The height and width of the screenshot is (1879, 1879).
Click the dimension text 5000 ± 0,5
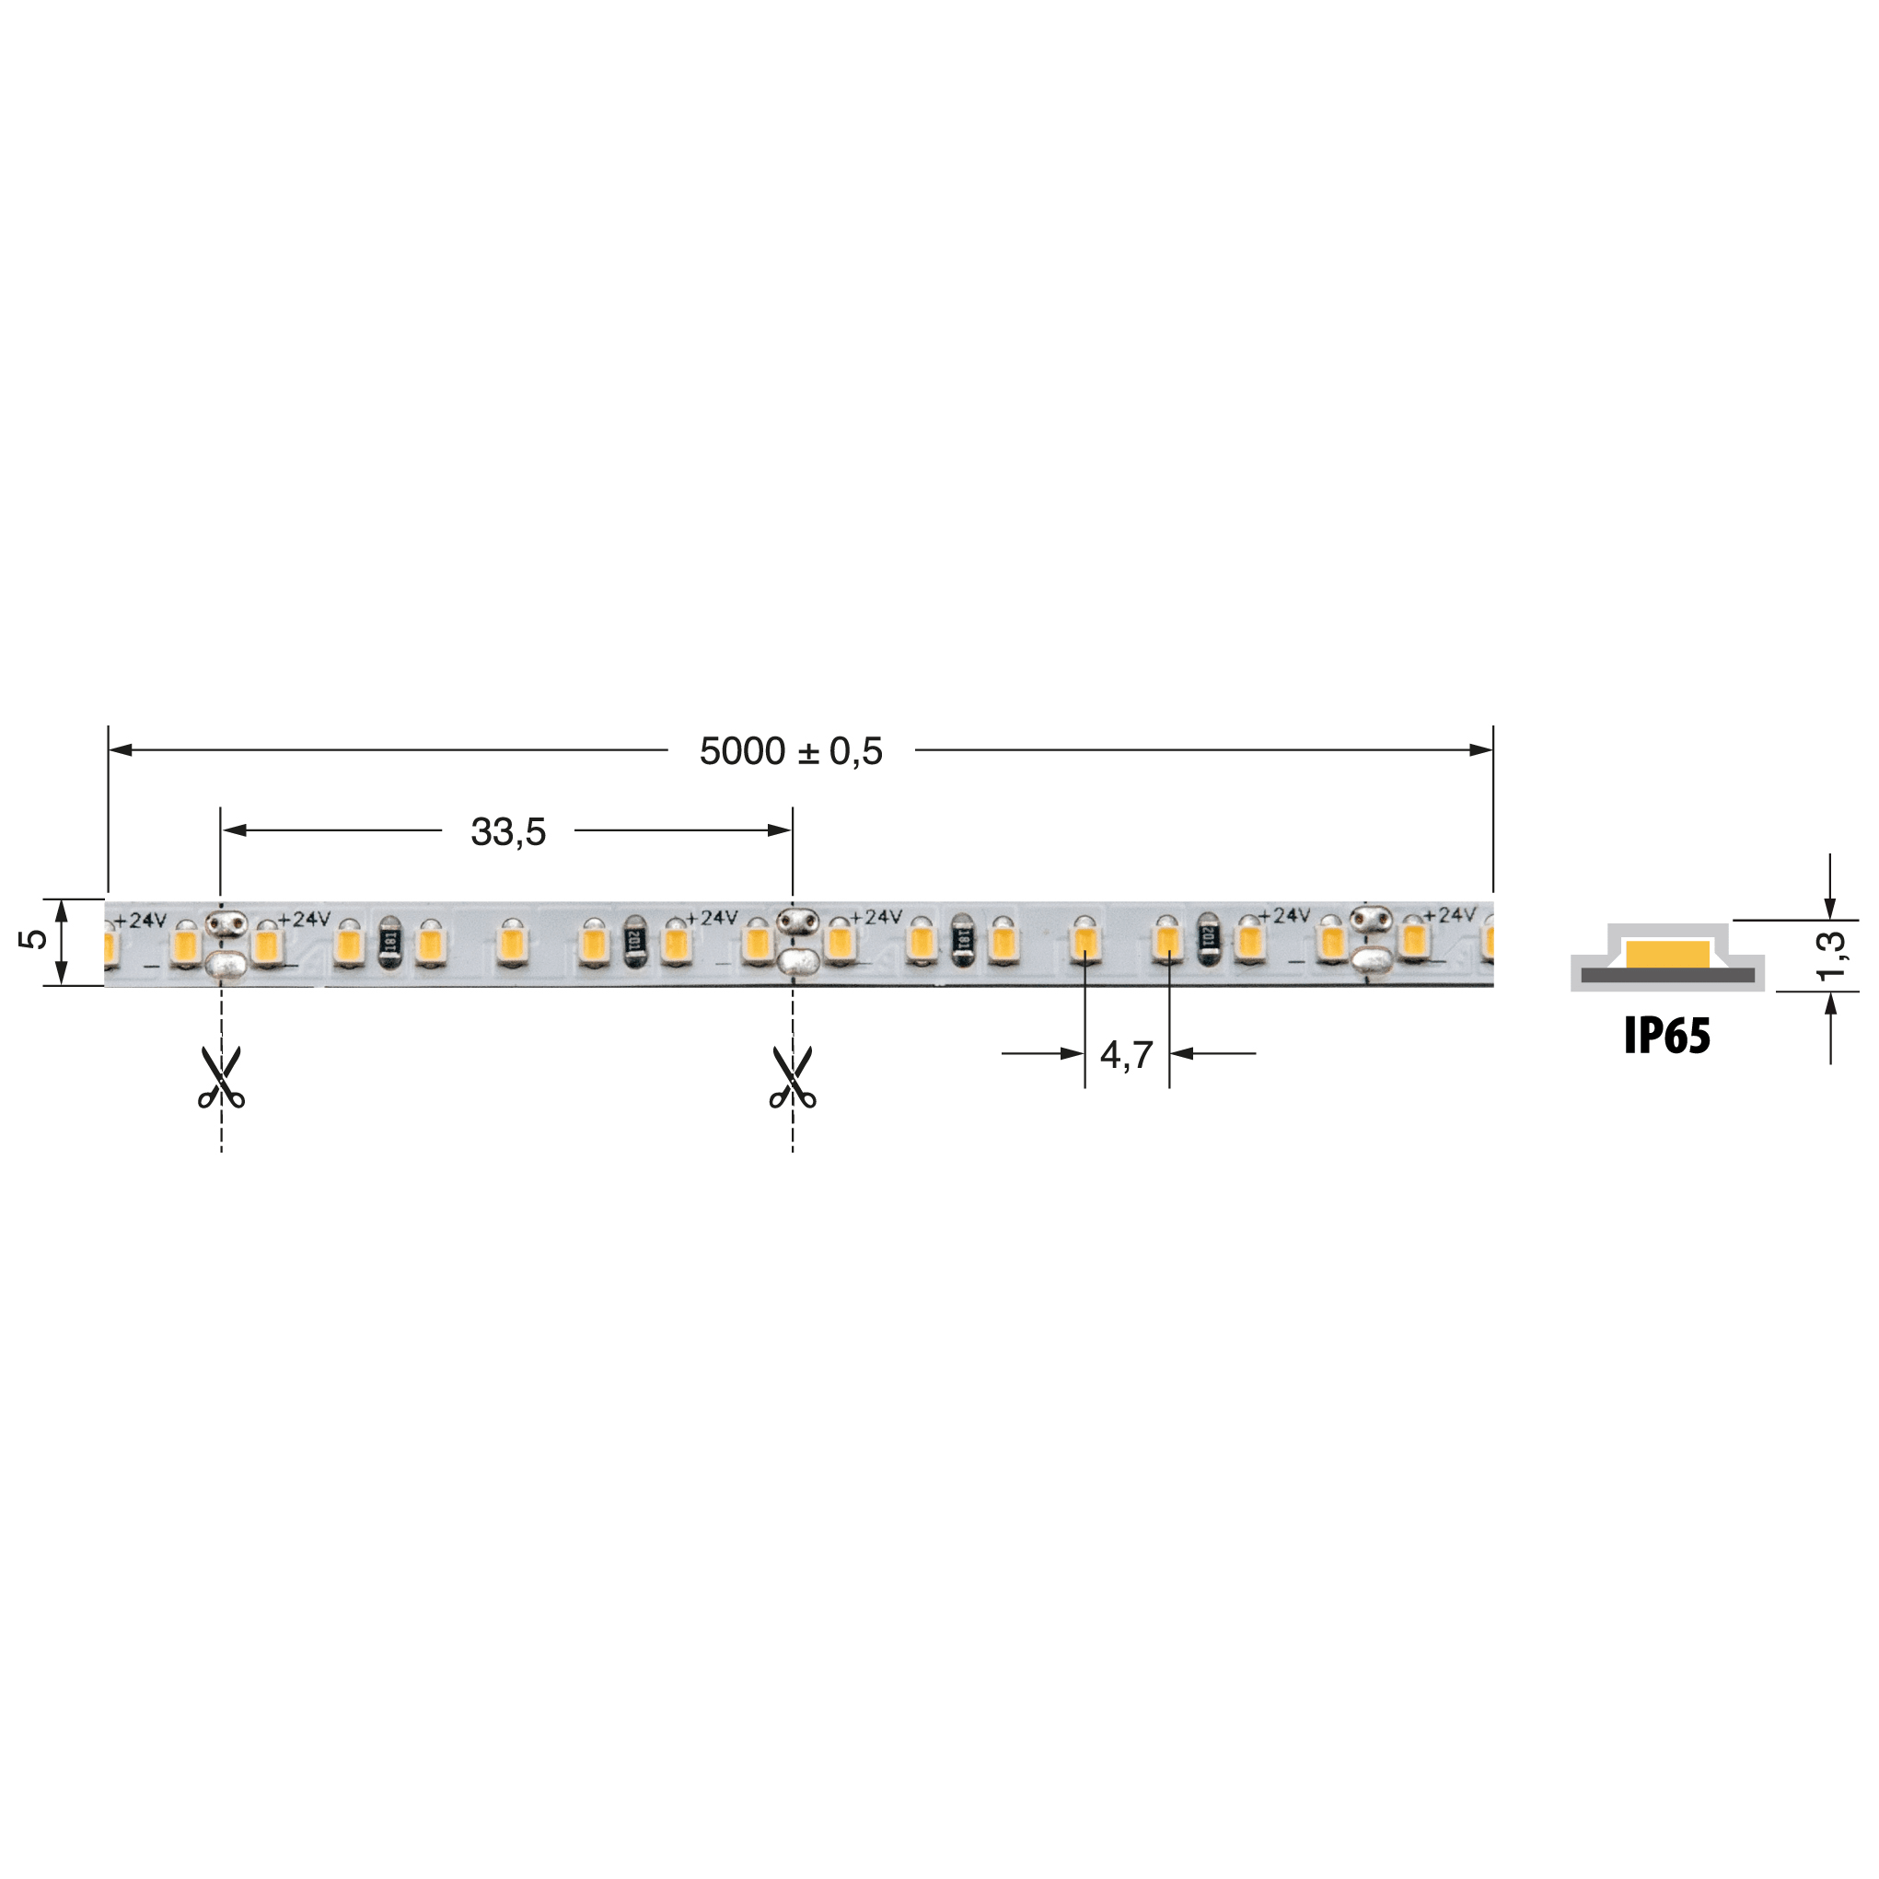coord(791,751)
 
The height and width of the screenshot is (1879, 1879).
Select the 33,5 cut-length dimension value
coord(507,831)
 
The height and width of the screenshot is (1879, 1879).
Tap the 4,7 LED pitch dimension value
coord(1126,1054)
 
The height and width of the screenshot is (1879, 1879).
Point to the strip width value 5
coord(33,939)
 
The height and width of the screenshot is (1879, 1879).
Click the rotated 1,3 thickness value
coord(1829,956)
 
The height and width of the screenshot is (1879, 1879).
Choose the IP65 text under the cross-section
coord(1667,1036)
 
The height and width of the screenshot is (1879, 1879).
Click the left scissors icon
coord(222,1078)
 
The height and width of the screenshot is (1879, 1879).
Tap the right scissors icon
coord(793,1078)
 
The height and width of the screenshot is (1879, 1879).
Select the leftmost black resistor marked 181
coord(389,942)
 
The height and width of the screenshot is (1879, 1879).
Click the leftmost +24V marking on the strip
coord(140,920)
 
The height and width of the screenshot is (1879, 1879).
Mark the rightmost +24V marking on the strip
coord(1449,915)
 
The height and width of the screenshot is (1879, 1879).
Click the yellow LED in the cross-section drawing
coord(1667,954)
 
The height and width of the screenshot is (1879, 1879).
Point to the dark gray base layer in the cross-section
coord(1667,976)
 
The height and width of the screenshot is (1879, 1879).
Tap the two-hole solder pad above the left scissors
coord(226,923)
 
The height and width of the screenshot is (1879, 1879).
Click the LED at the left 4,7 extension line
coord(1084,942)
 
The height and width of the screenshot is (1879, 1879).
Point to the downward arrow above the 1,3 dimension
coord(1829,907)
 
